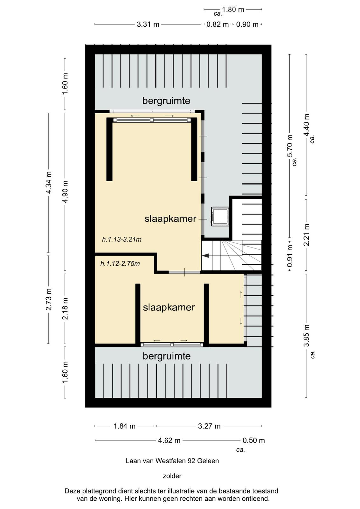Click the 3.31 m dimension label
pos(148,24)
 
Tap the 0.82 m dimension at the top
pos(217,24)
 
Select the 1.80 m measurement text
pos(233,10)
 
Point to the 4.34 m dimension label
pos(49,183)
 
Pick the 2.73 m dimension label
pos(49,299)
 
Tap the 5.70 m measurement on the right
pos(290,146)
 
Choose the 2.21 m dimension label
pos(306,235)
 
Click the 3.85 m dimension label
pos(306,335)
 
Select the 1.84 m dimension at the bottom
pos(124,426)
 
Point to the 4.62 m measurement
pos(169,441)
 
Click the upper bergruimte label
pos(166,101)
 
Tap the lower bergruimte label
pos(167,356)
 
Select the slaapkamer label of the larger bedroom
pos(170,219)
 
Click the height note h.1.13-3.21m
pos(122,239)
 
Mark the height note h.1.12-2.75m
pos(120,264)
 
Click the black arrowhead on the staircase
pos(206,256)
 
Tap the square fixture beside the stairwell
pos(219,217)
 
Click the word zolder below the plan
pos(172,476)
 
